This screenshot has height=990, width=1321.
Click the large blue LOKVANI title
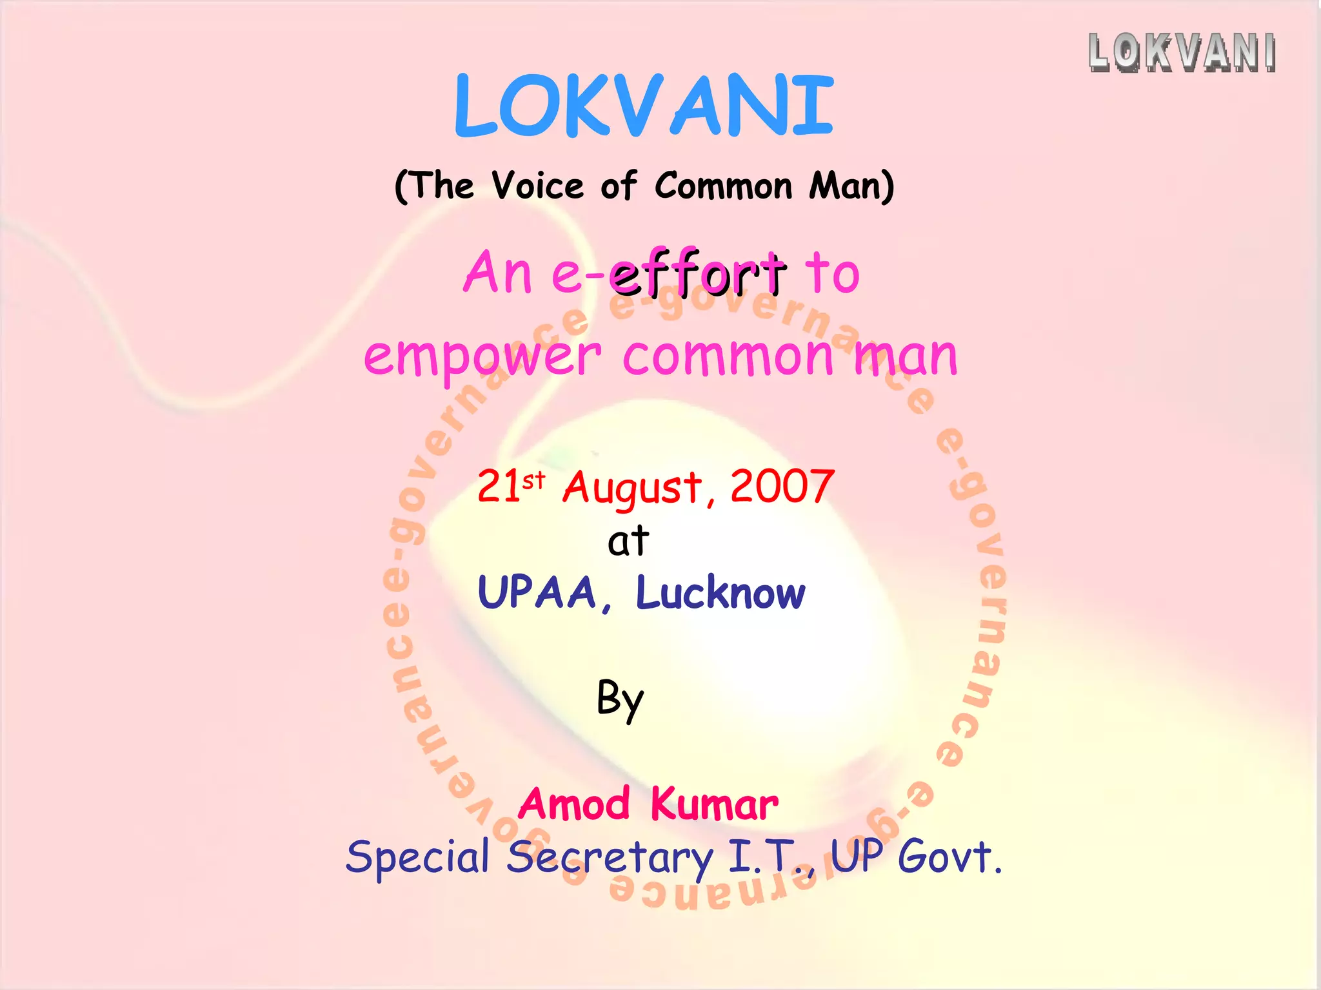644,106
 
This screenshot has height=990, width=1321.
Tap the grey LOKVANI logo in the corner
1182,52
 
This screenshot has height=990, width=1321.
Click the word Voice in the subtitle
537,186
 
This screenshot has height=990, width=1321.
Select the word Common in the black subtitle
723,186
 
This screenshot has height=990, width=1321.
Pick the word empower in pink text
482,356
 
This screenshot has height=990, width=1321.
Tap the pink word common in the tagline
728,356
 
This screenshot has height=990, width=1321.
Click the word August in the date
631,489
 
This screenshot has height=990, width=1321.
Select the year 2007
782,487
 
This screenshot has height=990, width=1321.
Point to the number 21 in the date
499,487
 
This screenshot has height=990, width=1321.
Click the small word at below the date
628,541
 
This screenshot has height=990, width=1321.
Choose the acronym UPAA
537,593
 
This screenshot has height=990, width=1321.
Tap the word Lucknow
720,593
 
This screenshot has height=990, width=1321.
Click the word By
620,699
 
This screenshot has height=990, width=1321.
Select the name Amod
574,804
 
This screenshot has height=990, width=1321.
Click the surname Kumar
714,804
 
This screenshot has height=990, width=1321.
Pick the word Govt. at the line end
950,857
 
